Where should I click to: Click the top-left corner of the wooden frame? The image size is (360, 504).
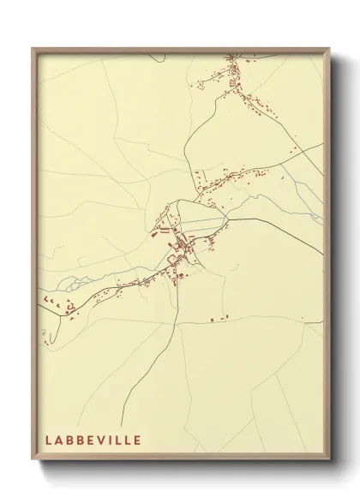(33, 48)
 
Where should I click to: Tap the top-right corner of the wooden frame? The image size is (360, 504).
(330, 48)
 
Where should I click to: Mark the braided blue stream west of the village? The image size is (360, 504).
(77, 283)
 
